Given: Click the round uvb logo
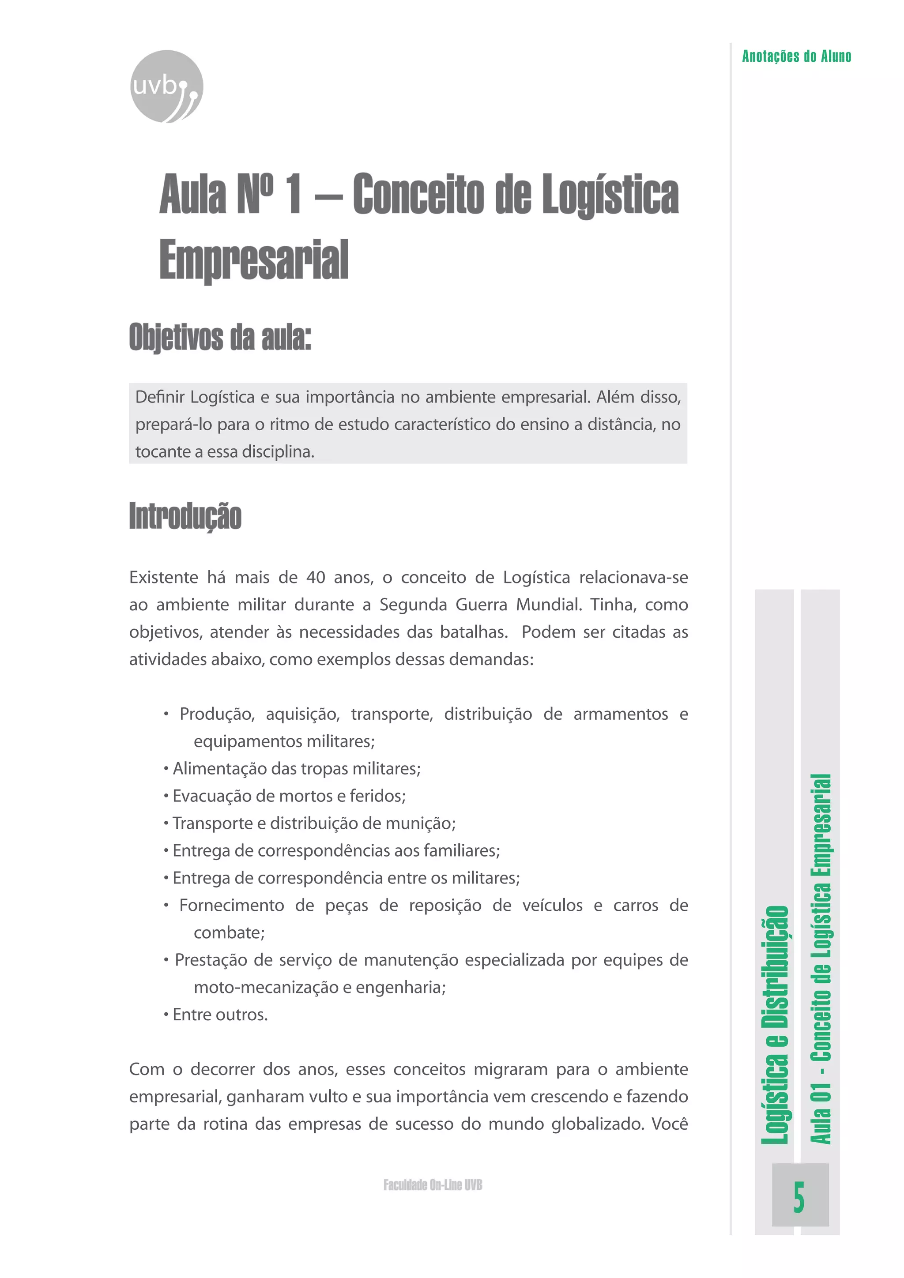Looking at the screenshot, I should (x=166, y=86).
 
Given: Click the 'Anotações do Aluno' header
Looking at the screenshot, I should (x=796, y=56).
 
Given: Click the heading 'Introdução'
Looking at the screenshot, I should (x=185, y=515).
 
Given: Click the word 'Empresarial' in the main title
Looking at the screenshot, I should (x=254, y=260).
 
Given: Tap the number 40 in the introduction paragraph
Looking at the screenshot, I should (x=316, y=577).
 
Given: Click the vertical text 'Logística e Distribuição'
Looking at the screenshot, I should (x=775, y=1025).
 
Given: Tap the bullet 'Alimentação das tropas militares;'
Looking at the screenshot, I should (x=296, y=768).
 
